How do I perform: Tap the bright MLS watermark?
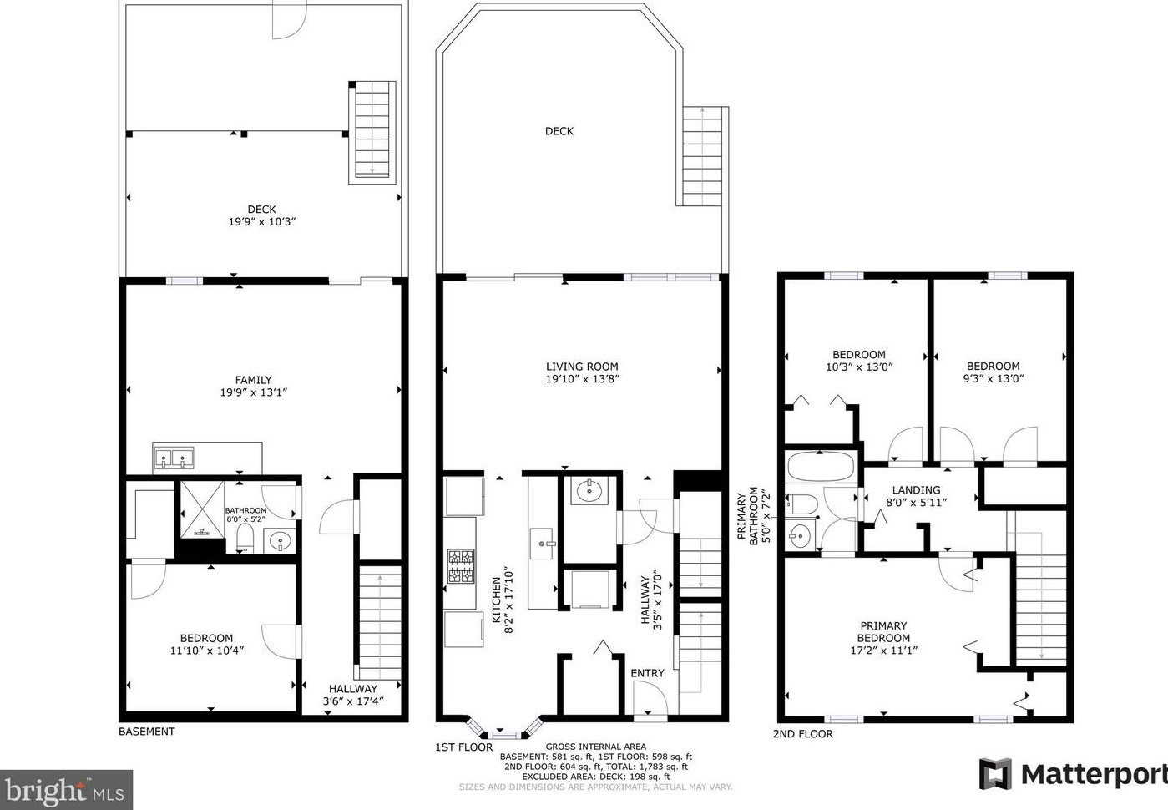tap(65, 790)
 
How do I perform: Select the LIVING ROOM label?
tap(582, 367)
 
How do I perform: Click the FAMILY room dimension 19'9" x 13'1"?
tap(254, 392)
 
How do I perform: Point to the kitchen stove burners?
tap(462, 565)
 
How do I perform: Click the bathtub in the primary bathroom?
tap(820, 466)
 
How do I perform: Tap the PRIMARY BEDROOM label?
tap(883, 631)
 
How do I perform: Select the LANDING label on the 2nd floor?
tap(916, 489)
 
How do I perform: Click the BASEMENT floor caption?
tap(146, 732)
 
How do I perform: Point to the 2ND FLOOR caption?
tap(802, 734)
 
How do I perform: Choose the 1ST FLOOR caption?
tap(463, 747)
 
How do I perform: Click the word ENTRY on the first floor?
tap(647, 673)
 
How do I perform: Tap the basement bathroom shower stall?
tap(203, 509)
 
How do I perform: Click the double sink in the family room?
tap(174, 458)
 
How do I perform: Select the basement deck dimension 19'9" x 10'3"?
tap(262, 221)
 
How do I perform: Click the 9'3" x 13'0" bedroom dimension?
tap(994, 378)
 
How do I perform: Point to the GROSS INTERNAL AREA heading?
tap(595, 747)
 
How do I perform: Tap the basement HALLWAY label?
tap(353, 688)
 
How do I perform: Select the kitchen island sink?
tap(542, 544)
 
